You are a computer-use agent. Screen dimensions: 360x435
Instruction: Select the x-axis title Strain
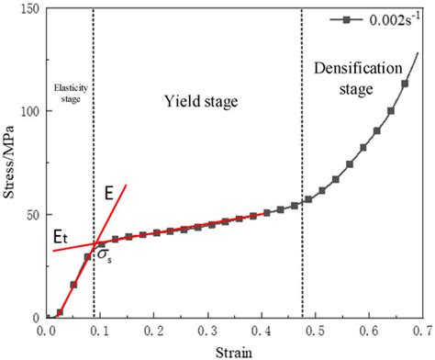[233, 352]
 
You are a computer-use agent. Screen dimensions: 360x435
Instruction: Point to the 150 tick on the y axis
[28, 9]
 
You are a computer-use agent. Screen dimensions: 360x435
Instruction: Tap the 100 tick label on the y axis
[28, 112]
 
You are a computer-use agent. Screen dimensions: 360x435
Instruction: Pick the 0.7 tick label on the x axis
[422, 328]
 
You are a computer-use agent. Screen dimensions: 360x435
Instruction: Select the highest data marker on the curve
[405, 84]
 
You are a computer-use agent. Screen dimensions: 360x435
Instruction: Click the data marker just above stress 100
[391, 111]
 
